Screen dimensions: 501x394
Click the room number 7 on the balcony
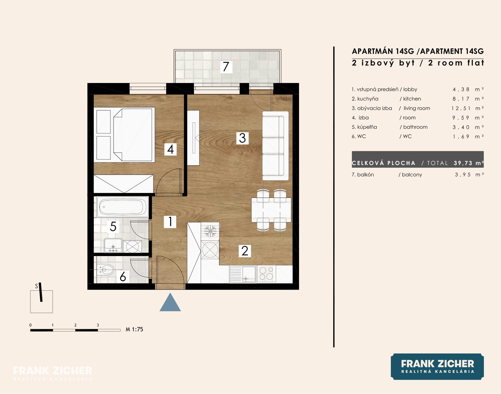[226, 67]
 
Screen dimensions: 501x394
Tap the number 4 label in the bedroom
[170, 149]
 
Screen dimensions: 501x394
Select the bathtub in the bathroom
[123, 207]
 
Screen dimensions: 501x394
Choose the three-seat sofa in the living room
[275, 146]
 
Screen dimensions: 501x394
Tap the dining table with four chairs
[271, 210]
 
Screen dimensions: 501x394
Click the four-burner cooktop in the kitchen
[266, 274]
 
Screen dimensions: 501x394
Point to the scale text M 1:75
[134, 330]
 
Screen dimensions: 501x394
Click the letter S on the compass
[37, 286]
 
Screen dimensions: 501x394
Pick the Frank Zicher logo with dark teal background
[437, 367]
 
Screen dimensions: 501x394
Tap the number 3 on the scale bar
[98, 325]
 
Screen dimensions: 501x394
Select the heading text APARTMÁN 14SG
[383, 51]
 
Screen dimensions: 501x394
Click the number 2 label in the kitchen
[245, 251]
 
